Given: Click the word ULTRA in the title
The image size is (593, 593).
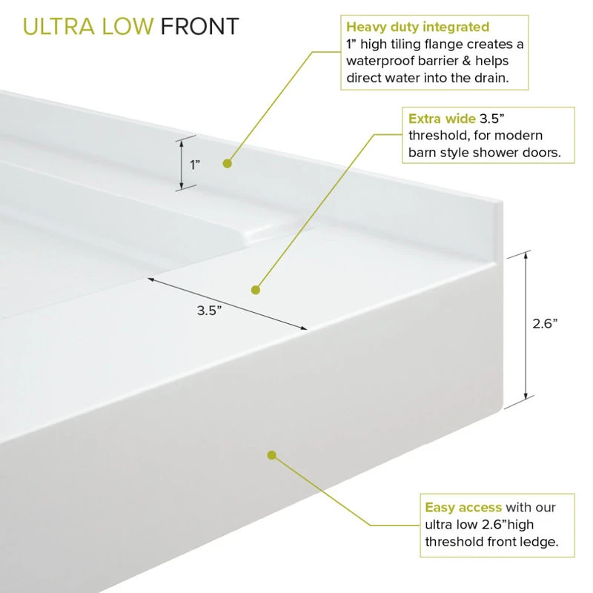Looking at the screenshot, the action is pyautogui.click(x=59, y=27).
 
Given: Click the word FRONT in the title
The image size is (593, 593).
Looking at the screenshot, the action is pyautogui.click(x=199, y=27).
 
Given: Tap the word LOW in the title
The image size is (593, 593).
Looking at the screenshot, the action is pyautogui.click(x=127, y=27).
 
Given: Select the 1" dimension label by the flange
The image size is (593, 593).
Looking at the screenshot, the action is pyautogui.click(x=195, y=165).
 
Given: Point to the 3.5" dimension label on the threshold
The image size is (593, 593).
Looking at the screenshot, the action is pyautogui.click(x=209, y=311).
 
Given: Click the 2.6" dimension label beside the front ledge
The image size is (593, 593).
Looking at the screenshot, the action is pyautogui.click(x=545, y=324).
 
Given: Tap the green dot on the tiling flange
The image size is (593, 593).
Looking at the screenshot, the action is pyautogui.click(x=228, y=163).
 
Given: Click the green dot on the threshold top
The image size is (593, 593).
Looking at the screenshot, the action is pyautogui.click(x=256, y=290).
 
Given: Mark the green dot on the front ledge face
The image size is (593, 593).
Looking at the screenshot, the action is pyautogui.click(x=271, y=455).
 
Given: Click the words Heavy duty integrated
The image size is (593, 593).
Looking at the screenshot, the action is pyautogui.click(x=417, y=27).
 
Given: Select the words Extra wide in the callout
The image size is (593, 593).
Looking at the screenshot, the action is pyautogui.click(x=442, y=119).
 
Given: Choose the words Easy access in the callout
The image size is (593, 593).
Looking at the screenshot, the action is pyautogui.click(x=463, y=507).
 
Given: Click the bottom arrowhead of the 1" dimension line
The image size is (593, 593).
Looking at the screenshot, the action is pyautogui.click(x=182, y=186).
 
